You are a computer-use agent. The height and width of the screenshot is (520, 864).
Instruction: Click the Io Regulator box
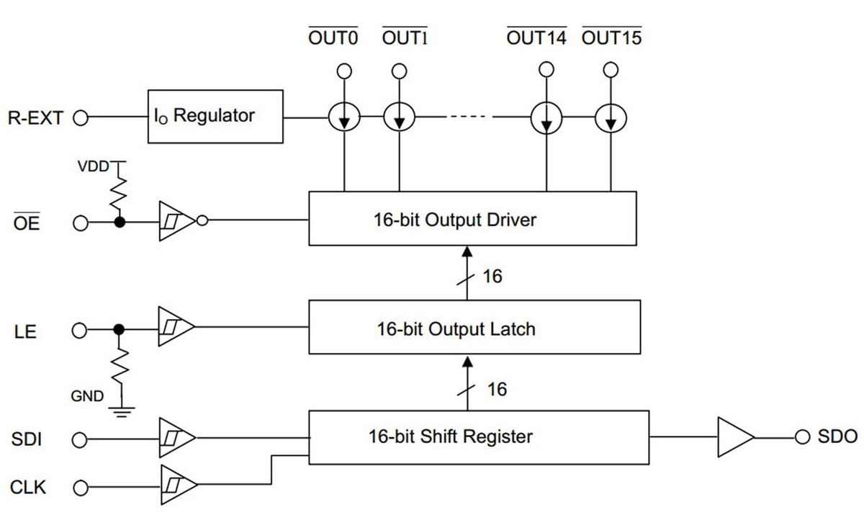click(215, 116)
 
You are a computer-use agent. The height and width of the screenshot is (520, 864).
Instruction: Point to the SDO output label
click(837, 436)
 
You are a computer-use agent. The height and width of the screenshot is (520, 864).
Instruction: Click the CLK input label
click(29, 488)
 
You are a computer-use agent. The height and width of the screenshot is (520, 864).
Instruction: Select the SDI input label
click(27, 438)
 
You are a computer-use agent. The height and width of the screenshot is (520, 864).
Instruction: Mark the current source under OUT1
click(399, 117)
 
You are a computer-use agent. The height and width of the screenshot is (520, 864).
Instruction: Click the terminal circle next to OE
click(81, 223)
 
